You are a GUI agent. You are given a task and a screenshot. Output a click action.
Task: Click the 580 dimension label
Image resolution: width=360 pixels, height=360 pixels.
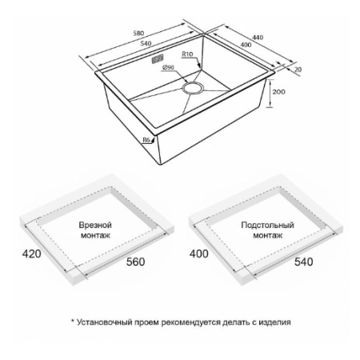pyautogui.click(x=138, y=33)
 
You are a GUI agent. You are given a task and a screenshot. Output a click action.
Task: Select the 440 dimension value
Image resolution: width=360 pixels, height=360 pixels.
pyautogui.click(x=258, y=38)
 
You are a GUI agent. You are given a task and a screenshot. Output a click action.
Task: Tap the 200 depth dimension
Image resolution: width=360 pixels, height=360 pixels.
pyautogui.click(x=278, y=92)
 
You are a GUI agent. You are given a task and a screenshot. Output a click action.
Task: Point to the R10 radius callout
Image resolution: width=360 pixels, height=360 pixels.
pyautogui.click(x=187, y=54)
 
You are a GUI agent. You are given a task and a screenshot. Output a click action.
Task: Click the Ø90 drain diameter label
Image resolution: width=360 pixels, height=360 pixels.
pyautogui.click(x=168, y=67)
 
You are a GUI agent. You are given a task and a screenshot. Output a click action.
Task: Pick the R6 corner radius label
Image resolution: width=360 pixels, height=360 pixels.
pyautogui.click(x=146, y=140)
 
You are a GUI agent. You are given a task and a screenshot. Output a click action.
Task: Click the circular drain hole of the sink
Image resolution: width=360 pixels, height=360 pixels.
pyautogui.click(x=193, y=88)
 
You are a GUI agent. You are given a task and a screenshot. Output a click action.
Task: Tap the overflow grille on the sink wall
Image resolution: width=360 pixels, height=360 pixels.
pyautogui.click(x=158, y=59)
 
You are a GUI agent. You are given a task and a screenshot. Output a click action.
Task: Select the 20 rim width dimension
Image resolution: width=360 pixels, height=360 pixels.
pyautogui.click(x=298, y=70)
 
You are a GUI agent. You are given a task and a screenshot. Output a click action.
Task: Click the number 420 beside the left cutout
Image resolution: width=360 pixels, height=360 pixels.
pyautogui.click(x=31, y=254)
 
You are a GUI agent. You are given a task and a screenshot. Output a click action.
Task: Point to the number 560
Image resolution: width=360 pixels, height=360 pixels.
pyautogui.click(x=135, y=262)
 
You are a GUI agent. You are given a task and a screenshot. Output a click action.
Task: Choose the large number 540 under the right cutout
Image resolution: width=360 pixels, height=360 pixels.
pyautogui.click(x=303, y=262)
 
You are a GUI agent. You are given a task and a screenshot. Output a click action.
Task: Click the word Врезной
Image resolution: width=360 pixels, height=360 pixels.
pyautogui.click(x=95, y=225)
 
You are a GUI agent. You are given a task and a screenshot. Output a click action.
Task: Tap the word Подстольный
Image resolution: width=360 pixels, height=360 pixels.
pyautogui.click(x=267, y=225)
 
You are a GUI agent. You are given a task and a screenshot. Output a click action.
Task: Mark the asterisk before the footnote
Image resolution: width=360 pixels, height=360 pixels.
pyautogui.click(x=72, y=321)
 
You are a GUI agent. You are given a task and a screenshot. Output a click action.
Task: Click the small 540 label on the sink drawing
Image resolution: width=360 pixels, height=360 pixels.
pyautogui.click(x=146, y=43)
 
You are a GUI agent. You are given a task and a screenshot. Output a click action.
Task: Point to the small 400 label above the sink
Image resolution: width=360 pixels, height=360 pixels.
pyautogui.click(x=246, y=45)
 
